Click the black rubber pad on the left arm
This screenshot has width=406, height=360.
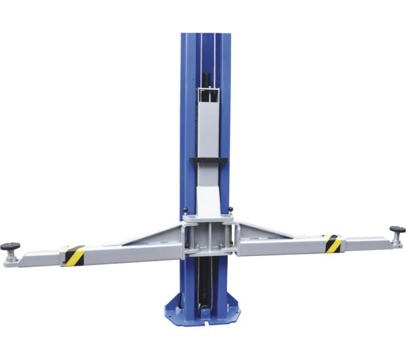point(10,247)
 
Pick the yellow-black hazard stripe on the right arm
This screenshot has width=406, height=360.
point(333,243)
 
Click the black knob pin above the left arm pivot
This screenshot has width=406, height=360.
point(185,211)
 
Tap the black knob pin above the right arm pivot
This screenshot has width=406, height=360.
point(231,209)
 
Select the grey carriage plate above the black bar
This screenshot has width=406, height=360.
point(209,131)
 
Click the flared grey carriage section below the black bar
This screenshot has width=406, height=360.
point(209,196)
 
